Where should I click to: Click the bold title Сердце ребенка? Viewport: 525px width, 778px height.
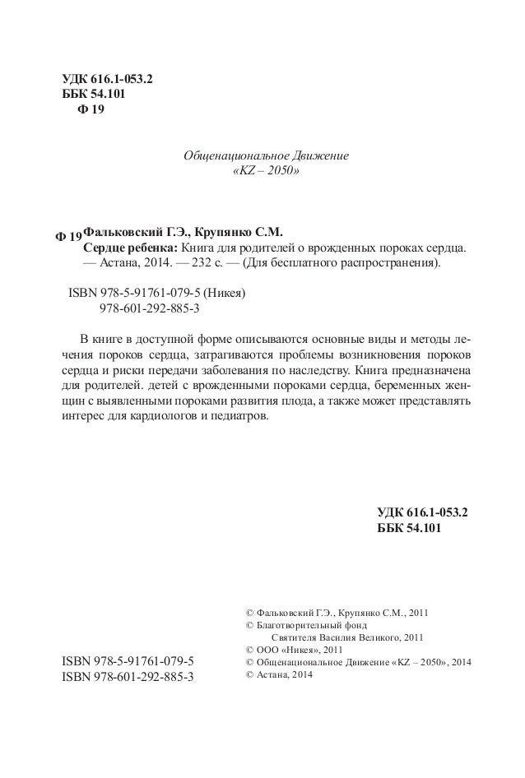point(131,248)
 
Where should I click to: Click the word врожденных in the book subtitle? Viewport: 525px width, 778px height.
point(341,248)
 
